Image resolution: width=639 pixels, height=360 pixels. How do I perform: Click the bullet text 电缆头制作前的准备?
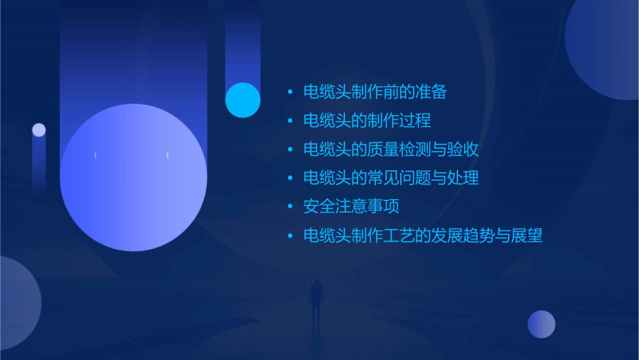coord(375,92)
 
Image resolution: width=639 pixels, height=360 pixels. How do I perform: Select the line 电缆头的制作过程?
coord(367,121)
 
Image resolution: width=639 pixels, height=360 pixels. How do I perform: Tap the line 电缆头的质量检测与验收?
coord(391,149)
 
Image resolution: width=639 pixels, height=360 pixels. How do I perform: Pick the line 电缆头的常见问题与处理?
coord(391,178)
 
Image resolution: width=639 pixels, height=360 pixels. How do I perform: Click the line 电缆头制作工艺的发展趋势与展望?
coord(422,236)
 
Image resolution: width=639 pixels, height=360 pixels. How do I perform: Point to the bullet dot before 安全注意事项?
coord(290,207)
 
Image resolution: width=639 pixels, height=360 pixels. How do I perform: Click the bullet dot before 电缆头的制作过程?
coord(290,121)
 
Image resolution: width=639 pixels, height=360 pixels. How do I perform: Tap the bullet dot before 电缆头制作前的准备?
coord(290,92)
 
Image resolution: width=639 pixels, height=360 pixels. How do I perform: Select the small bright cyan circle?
coord(243,100)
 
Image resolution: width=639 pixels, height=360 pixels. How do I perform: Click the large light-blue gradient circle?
coord(133,178)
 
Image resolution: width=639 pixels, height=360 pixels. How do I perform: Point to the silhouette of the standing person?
coord(316,300)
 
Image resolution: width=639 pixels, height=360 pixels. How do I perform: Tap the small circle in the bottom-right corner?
coord(541,324)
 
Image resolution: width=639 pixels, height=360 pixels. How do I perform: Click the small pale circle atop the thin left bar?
coord(39,130)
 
